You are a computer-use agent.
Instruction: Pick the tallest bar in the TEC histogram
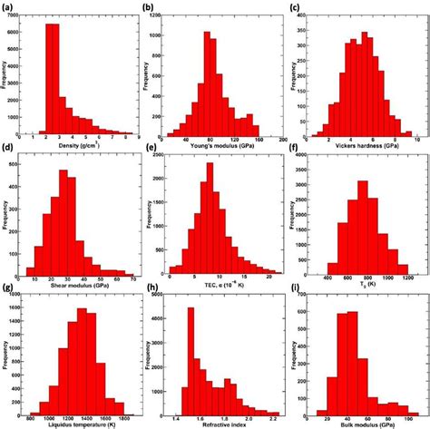210,218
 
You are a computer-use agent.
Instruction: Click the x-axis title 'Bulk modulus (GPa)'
365,422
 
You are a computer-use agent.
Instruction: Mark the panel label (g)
7,289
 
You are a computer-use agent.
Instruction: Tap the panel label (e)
151,148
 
